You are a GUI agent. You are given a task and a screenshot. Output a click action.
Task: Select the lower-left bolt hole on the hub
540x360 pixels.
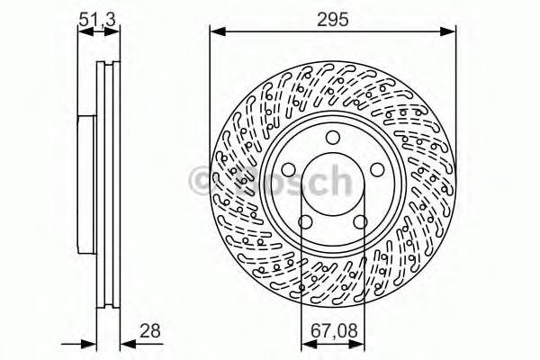[304, 221]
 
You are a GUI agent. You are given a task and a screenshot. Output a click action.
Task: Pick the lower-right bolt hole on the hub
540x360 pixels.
[362, 221]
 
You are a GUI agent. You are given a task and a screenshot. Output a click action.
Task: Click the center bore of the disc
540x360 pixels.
[334, 184]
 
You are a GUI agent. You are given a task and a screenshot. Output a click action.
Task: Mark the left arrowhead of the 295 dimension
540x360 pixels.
[216, 31]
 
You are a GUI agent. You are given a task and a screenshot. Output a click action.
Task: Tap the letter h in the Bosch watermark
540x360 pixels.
[337, 183]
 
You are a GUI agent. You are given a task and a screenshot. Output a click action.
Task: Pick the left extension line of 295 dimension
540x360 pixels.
[211, 90]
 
